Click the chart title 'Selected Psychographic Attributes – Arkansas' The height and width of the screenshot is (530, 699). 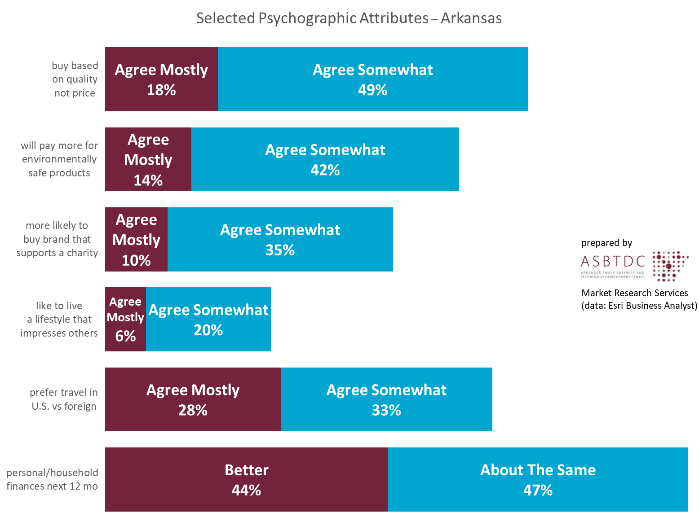tap(349, 18)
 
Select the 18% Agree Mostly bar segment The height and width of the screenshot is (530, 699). tap(161, 79)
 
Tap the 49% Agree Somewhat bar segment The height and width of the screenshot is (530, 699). tap(372, 79)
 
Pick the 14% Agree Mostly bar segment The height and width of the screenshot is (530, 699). tap(148, 159)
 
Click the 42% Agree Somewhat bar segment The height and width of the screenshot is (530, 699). tap(325, 159)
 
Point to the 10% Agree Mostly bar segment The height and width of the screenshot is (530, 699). tap(136, 239)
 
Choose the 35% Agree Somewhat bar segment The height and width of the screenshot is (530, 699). tap(280, 239)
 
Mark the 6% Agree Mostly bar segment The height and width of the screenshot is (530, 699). tap(125, 319)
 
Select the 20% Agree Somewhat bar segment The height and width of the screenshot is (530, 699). tap(208, 319)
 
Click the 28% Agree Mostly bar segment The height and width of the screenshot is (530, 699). tap(193, 399)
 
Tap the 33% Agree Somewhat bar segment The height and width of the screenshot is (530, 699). tap(386, 399)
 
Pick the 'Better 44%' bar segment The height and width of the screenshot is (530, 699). tap(246, 479)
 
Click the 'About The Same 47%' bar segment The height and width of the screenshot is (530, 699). tap(538, 479)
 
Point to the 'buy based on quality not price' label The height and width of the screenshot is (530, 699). tap(75, 79)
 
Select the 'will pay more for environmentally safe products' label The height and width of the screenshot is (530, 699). tap(59, 159)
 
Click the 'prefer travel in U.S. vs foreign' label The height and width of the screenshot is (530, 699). tap(64, 399)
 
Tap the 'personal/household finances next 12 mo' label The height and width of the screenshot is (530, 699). tap(52, 479)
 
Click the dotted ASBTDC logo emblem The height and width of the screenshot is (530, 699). tap(669, 266)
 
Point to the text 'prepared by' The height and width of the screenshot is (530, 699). tap(606, 243)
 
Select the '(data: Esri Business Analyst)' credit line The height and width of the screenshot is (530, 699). tap(639, 306)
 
